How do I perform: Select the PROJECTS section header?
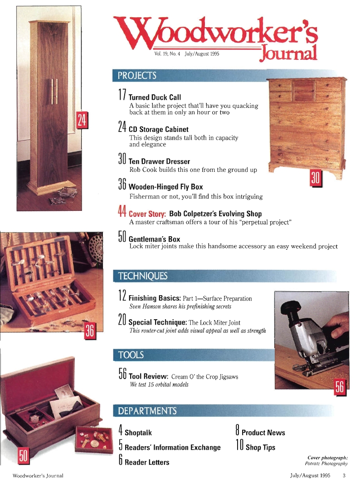pos(137,75)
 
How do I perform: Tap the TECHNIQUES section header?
pos(142,276)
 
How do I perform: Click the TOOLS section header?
pos(131,355)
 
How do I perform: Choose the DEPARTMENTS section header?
pos(147,411)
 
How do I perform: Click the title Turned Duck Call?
pos(155,97)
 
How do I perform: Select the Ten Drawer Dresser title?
pos(159,161)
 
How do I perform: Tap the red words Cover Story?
pos(147,214)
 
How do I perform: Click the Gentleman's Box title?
pos(154,239)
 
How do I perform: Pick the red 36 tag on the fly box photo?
pos(89,330)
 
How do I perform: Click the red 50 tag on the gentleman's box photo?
pos(24,455)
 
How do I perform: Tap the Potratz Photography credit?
pos(326,463)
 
